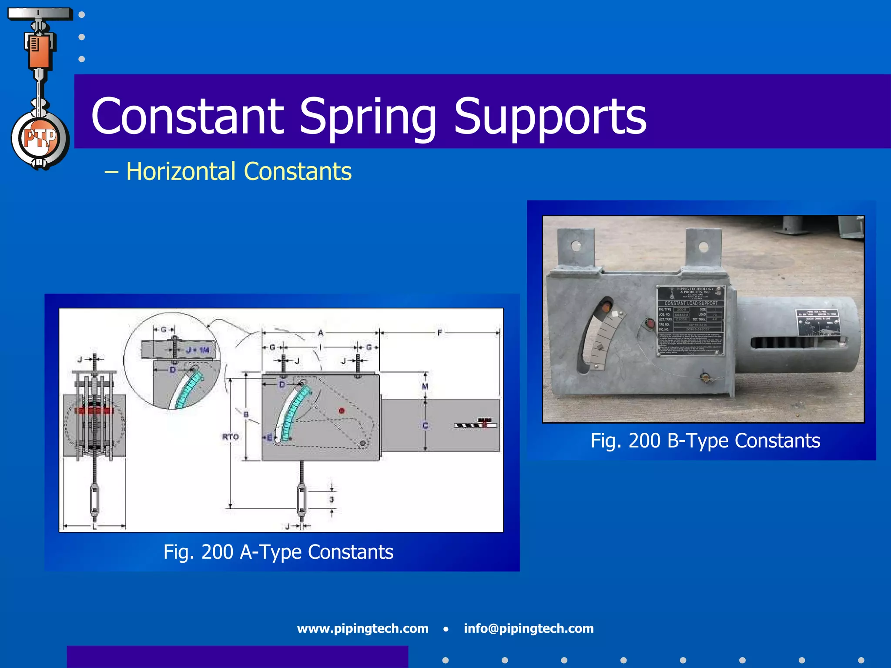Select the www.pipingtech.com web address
click(x=362, y=628)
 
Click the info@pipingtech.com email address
click(x=529, y=628)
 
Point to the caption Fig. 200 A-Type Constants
click(x=278, y=552)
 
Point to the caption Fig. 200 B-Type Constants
click(x=705, y=441)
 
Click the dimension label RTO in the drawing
click(x=230, y=437)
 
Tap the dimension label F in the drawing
click(x=440, y=333)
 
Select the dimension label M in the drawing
click(x=425, y=386)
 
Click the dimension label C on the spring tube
click(x=425, y=426)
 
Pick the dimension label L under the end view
click(x=94, y=527)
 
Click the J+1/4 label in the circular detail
click(x=198, y=350)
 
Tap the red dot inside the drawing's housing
click(x=342, y=410)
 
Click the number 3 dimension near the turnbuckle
click(x=332, y=499)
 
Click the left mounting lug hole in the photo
click(x=576, y=246)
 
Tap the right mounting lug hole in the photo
click(x=703, y=247)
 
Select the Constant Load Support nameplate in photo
click(x=691, y=321)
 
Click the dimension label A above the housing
click(x=321, y=333)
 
